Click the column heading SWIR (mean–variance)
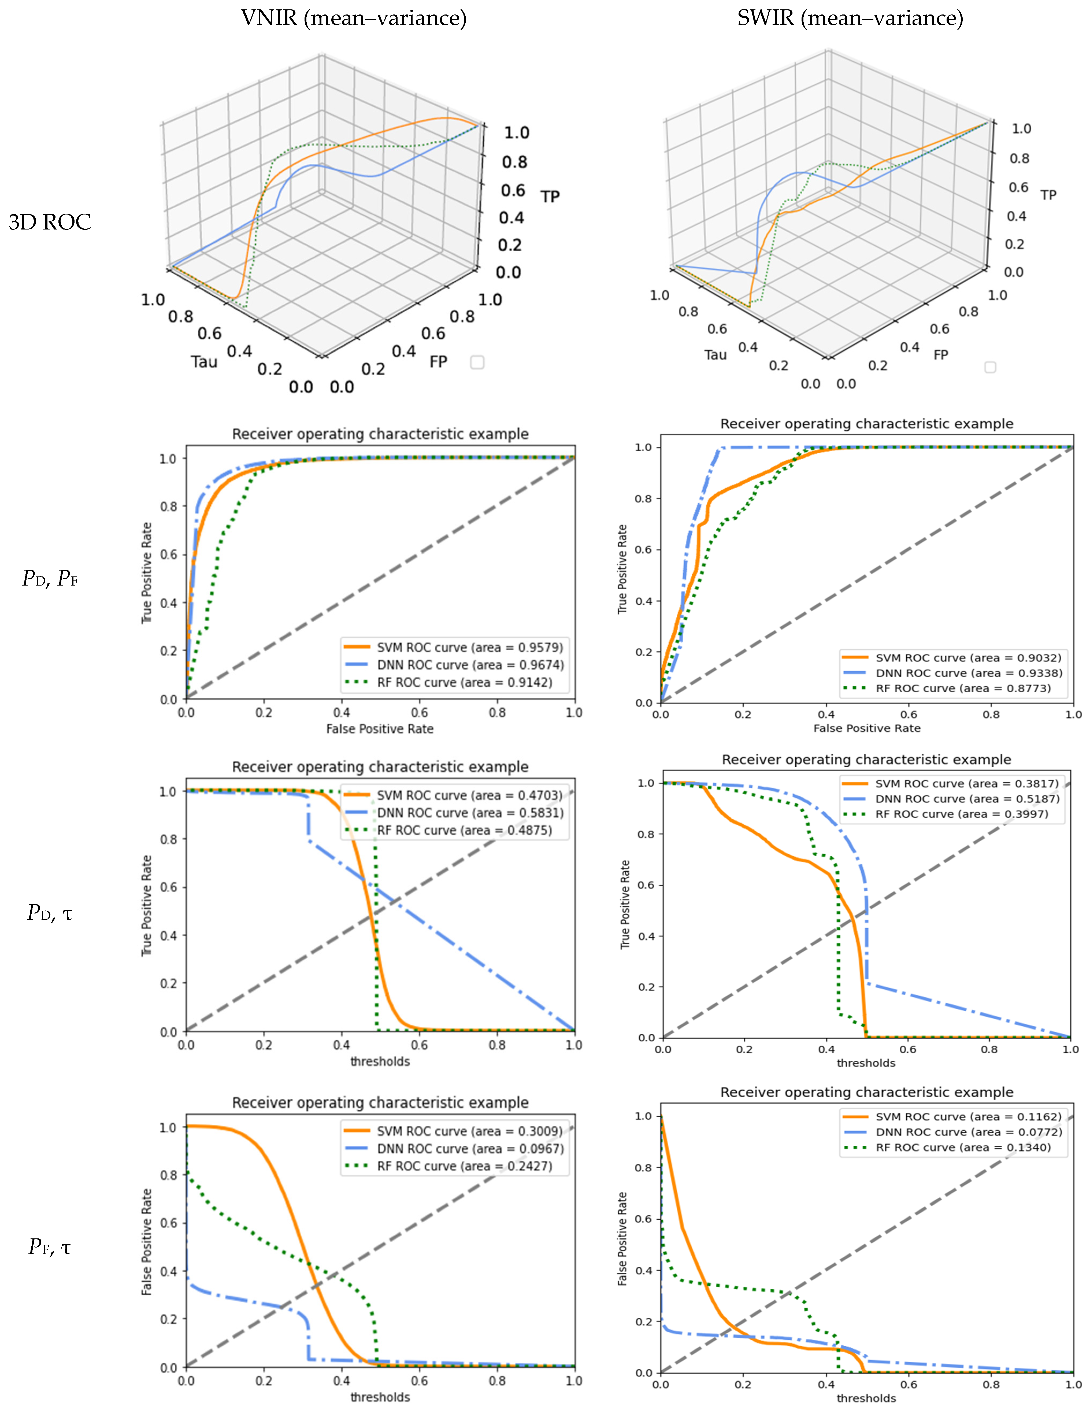[850, 18]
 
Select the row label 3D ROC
[50, 222]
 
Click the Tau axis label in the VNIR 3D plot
[204, 361]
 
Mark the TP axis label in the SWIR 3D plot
[1048, 195]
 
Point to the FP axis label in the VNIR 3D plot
[438, 361]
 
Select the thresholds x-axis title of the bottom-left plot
[380, 1397]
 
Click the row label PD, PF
[50, 579]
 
